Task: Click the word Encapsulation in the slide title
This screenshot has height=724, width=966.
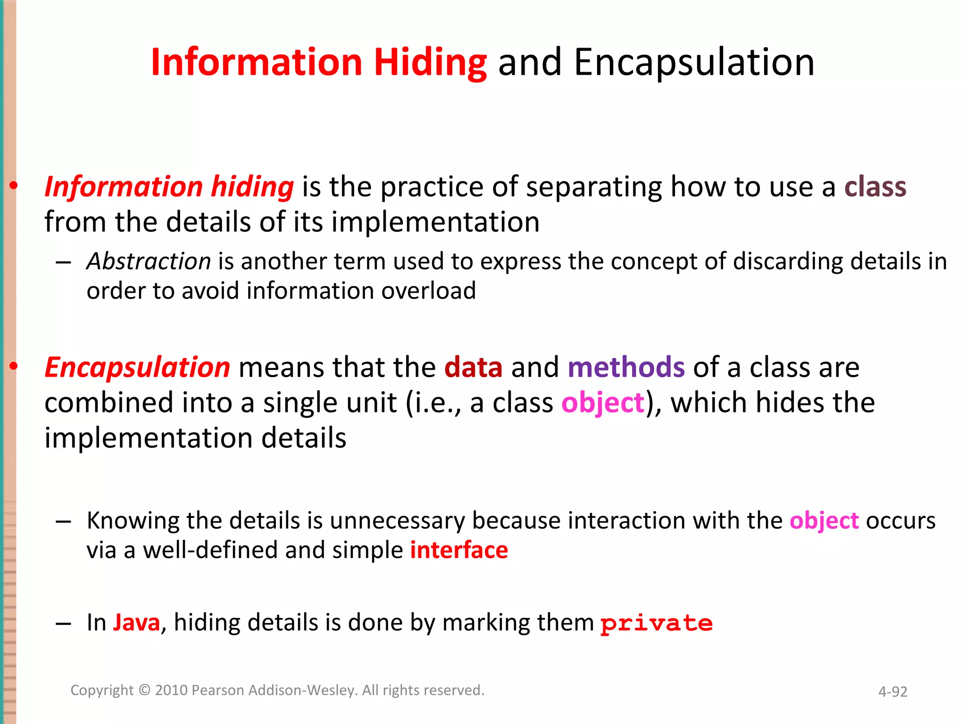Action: point(694,63)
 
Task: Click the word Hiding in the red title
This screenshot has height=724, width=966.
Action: point(430,63)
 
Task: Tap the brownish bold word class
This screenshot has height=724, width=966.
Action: point(875,187)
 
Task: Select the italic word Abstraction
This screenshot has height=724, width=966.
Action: point(149,261)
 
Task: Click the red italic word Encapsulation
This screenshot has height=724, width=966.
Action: point(137,367)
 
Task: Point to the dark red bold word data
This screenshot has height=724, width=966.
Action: point(473,367)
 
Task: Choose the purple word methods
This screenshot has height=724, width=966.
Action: point(626,367)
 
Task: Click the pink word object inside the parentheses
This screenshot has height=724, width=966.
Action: point(602,403)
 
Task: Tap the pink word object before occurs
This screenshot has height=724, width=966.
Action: point(824,521)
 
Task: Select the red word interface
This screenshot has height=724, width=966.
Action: point(459,550)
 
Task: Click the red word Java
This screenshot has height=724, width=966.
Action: point(136,623)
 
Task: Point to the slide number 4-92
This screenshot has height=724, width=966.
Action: point(892,691)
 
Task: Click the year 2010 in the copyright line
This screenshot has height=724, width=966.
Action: point(171,690)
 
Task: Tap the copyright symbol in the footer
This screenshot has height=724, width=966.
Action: point(144,690)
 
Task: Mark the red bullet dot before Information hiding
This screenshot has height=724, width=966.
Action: point(14,186)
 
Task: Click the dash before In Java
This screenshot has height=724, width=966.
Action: point(63,624)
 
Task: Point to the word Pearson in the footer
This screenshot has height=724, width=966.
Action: point(218,690)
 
